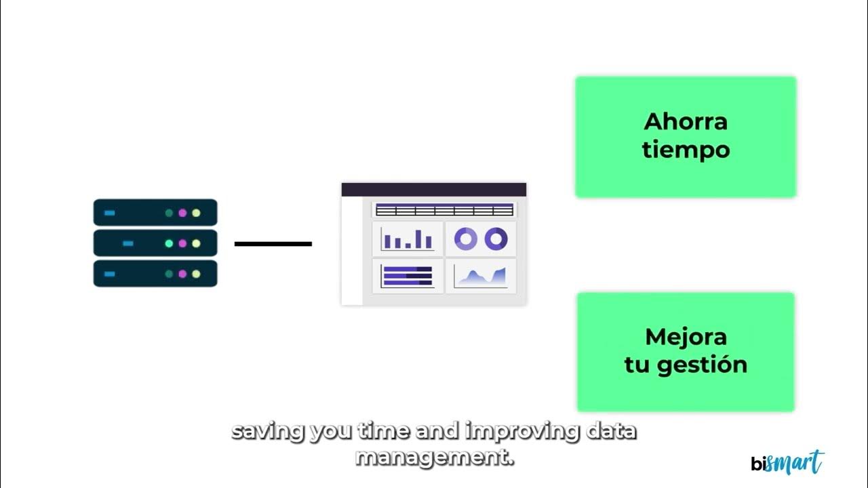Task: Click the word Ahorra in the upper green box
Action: tap(685, 122)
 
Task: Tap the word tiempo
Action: tap(686, 150)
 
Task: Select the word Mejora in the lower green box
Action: tap(686, 337)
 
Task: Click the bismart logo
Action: tap(787, 463)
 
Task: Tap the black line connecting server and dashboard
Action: tap(273, 243)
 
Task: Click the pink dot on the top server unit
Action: tap(182, 213)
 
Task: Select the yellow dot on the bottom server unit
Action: tap(196, 274)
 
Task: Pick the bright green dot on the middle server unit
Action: tap(169, 243)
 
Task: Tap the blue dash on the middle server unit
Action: tap(128, 243)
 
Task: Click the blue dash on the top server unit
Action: tap(109, 213)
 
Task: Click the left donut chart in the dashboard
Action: tap(465, 239)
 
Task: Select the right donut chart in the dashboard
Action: tap(496, 239)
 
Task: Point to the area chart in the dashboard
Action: tap(480, 277)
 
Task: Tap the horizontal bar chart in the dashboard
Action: tap(408, 276)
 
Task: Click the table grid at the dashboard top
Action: tap(444, 210)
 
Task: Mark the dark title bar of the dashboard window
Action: tap(433, 189)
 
